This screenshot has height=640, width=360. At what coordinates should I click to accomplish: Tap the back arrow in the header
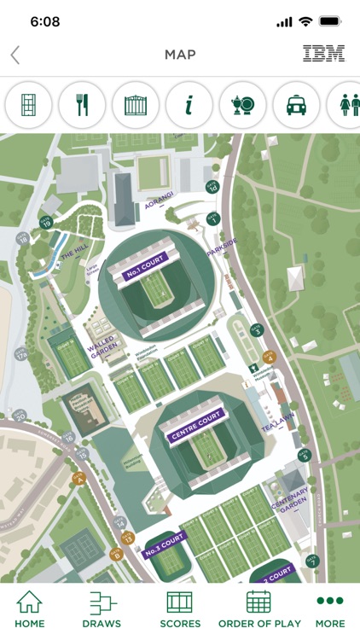(x=15, y=55)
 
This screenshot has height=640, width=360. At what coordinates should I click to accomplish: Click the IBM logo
(x=323, y=55)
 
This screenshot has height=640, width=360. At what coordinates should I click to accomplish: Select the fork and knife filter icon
(x=82, y=105)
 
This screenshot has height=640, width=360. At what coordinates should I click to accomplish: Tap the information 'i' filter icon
(x=189, y=105)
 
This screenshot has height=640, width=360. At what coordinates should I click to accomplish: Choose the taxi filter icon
(x=296, y=105)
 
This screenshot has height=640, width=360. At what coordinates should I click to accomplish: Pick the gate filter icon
(x=136, y=105)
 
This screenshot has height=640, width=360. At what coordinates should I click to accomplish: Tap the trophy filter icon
(x=242, y=105)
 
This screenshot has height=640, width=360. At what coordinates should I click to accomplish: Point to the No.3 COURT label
(x=165, y=544)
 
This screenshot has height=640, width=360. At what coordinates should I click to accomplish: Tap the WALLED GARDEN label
(x=102, y=349)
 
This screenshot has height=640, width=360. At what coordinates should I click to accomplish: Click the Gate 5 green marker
(x=305, y=455)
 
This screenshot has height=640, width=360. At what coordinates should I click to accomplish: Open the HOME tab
(x=30, y=609)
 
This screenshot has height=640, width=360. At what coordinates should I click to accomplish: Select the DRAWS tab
(x=102, y=609)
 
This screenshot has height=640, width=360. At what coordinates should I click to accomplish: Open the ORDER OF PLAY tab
(x=258, y=609)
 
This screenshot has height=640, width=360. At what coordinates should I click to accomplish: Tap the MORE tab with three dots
(x=329, y=609)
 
